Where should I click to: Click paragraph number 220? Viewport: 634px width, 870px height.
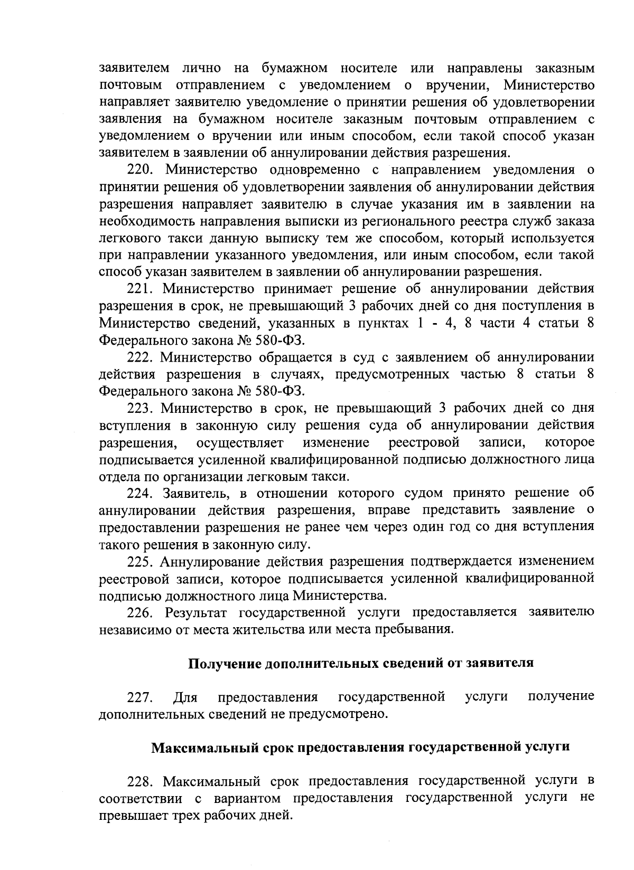click(x=142, y=170)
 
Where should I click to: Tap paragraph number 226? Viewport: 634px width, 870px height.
click(x=141, y=612)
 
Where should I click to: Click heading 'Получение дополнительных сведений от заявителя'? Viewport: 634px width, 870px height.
click(x=361, y=663)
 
